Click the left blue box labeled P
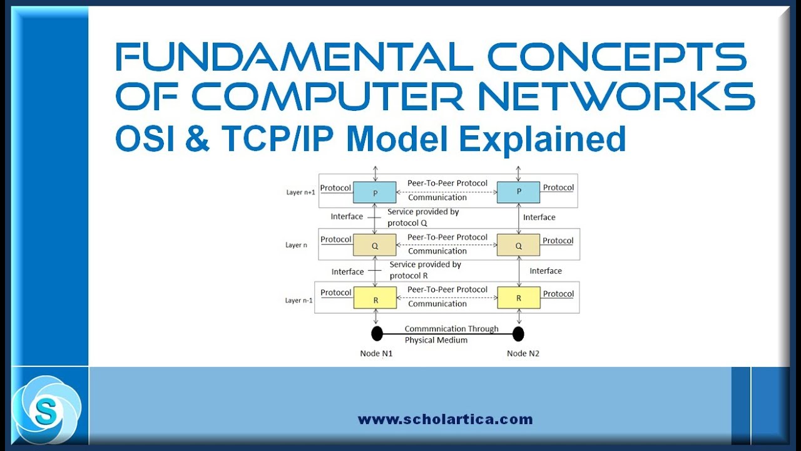coord(375,192)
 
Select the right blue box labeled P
coord(518,192)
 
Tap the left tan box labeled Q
coord(375,246)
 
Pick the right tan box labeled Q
coord(518,246)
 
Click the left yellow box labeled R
coord(375,298)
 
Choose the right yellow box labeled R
coord(518,298)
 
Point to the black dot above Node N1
coord(377,333)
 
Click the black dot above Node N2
coord(518,333)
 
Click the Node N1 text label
coord(376,353)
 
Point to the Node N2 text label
coord(523,353)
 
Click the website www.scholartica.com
coord(445,420)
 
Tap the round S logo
coord(46,410)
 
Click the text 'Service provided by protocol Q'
coord(423,217)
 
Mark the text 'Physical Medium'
coord(436,340)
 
